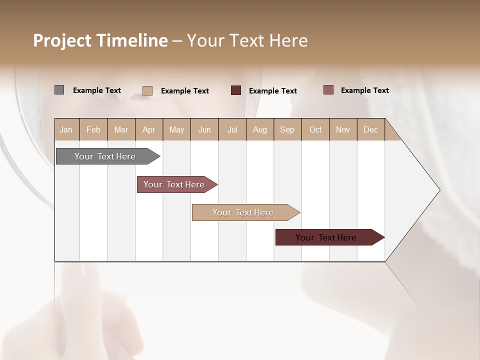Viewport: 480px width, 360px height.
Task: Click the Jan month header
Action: [x=66, y=129]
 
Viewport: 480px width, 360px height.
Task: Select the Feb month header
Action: [x=93, y=129]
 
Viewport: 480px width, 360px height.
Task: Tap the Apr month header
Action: [x=149, y=129]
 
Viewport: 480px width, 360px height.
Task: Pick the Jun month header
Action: [x=204, y=129]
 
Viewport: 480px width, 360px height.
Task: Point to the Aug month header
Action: [x=260, y=129]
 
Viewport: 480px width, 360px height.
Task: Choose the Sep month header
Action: [x=287, y=129]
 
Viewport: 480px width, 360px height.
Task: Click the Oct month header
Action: [x=315, y=129]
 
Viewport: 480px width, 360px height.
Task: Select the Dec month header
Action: [x=371, y=129]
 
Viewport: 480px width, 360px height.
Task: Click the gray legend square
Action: [x=59, y=90]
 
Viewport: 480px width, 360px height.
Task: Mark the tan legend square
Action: [x=147, y=90]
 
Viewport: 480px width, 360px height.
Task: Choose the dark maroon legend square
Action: [x=236, y=90]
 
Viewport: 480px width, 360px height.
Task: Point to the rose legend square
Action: [x=328, y=90]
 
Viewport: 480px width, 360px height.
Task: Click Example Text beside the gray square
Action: [x=97, y=90]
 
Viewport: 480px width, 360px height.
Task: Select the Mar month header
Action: [x=121, y=129]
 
